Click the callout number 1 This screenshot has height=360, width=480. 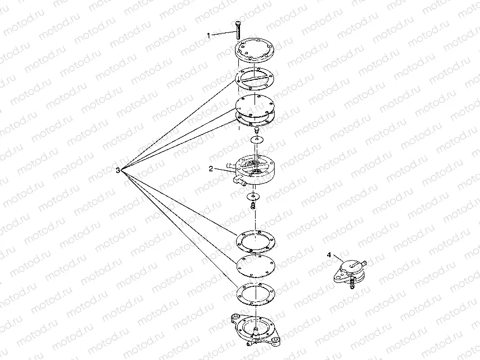[209, 35]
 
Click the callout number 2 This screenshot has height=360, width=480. [211, 167]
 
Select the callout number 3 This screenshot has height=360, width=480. [117, 169]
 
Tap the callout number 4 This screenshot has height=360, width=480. [329, 255]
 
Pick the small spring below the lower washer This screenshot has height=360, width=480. [253, 206]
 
